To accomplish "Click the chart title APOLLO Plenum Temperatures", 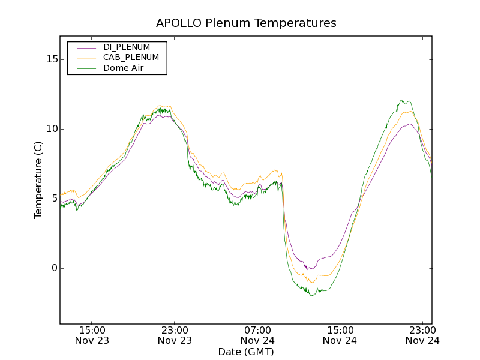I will tap(246, 23).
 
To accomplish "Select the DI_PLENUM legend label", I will tap(127, 47).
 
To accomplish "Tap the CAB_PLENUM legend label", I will tap(131, 58).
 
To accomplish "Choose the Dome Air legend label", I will tap(124, 68).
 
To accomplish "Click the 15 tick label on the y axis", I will tap(52, 59).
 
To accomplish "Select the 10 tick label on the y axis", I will tap(52, 129).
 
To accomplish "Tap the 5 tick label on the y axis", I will tap(54, 199).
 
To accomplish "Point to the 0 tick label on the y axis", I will tap(54, 268).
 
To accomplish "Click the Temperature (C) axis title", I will tap(38, 179).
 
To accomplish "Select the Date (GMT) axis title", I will tap(246, 352).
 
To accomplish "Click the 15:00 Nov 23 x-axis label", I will tap(92, 335).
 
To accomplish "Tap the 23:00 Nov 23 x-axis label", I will tap(175, 335).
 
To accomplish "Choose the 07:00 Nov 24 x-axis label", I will tap(257, 335).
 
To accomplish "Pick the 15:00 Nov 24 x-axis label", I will tap(340, 335).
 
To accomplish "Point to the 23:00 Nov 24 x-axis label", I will tap(422, 335).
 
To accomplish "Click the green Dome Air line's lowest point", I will tap(311, 296).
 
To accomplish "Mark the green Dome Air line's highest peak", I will tap(401, 100).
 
